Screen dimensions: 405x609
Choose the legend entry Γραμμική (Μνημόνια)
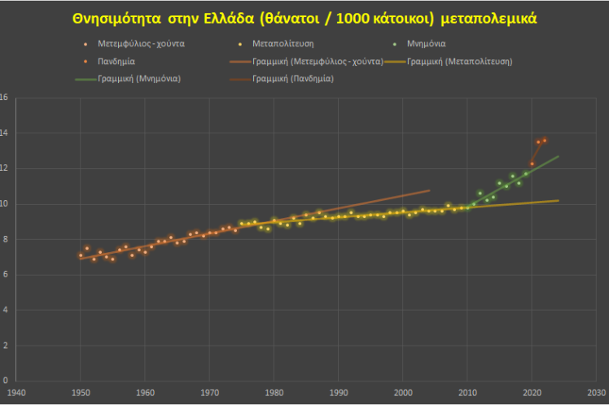point(138,79)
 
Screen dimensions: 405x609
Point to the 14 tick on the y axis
point(5,133)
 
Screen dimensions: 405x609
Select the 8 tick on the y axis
point(5,239)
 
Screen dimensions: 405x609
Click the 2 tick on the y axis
point(5,345)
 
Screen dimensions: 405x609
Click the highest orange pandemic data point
point(545,140)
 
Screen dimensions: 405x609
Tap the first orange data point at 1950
point(81,255)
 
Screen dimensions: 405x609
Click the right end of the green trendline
point(559,156)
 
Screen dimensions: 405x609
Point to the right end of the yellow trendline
point(559,200)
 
